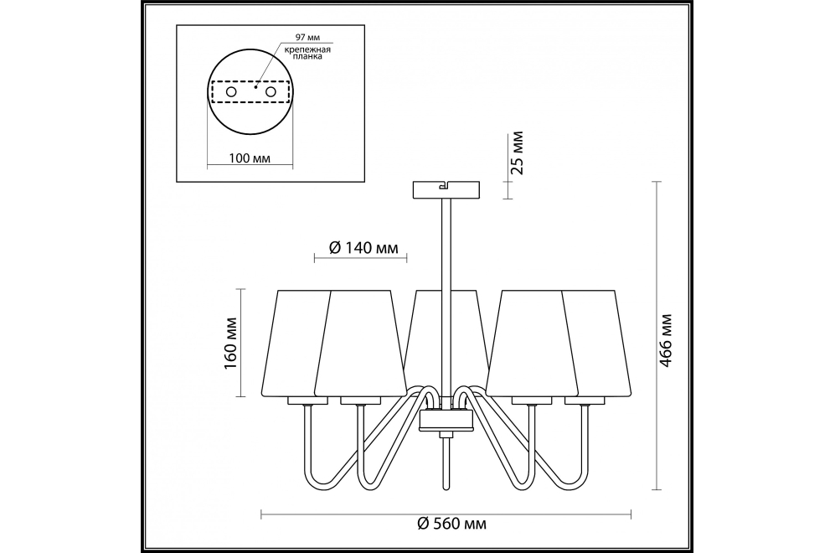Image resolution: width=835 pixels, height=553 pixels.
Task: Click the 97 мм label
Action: (x=307, y=38)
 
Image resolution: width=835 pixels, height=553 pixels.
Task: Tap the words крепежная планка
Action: (x=307, y=53)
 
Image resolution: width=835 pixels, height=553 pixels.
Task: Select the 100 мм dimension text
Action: (x=250, y=158)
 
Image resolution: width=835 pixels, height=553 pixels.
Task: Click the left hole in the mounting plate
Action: (x=231, y=91)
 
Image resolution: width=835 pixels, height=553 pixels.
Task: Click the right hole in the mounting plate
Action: (x=271, y=91)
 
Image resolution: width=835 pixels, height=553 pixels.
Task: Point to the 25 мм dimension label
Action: (x=517, y=152)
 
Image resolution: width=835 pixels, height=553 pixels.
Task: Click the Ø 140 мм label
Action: (x=363, y=248)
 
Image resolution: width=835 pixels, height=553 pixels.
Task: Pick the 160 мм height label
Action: (x=230, y=344)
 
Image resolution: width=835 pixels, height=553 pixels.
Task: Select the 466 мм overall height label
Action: (x=666, y=340)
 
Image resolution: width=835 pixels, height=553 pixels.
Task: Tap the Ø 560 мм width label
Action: (x=451, y=523)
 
